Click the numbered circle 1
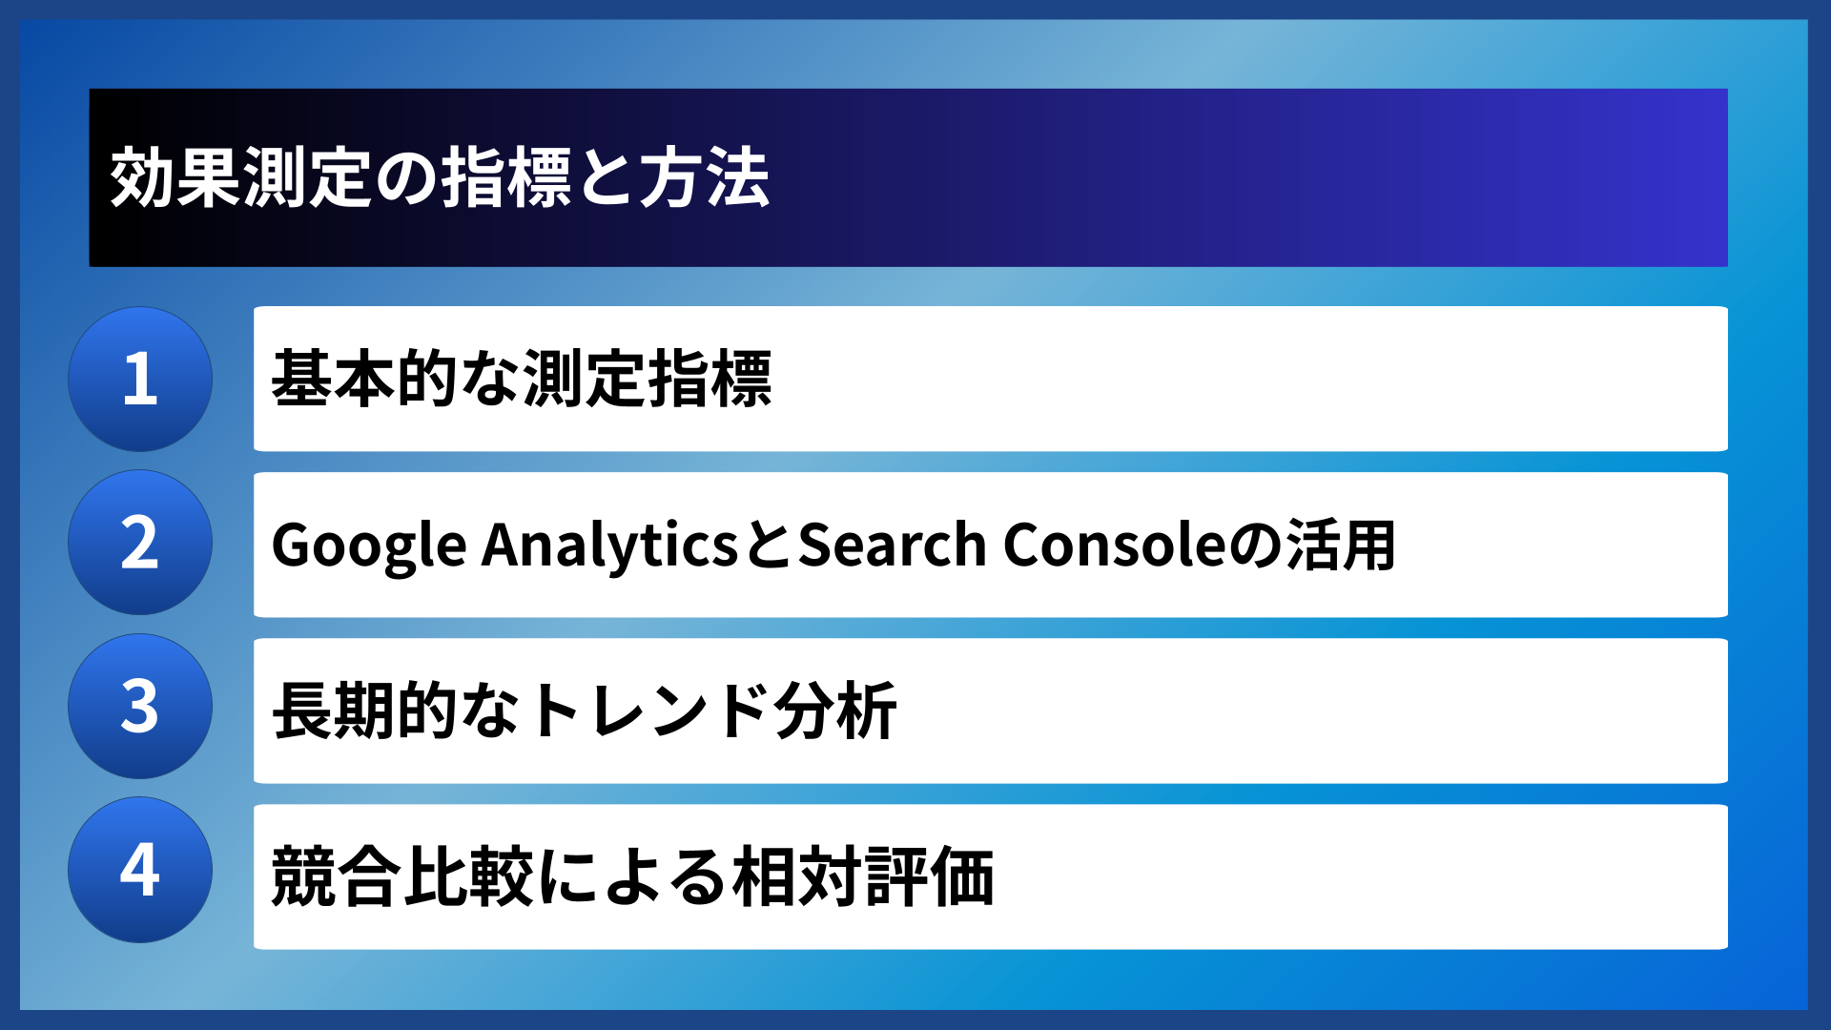(x=140, y=379)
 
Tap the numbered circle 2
(x=140, y=543)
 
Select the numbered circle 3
(x=140, y=707)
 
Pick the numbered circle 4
(x=140, y=870)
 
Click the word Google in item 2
(x=369, y=546)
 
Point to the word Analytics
(x=609, y=546)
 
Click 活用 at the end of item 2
(x=1341, y=546)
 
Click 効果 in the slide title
(x=175, y=178)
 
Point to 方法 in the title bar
(x=704, y=178)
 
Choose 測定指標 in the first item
(x=648, y=379)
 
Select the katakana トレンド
(x=648, y=711)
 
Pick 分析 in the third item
(x=835, y=711)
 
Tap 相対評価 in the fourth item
(x=863, y=876)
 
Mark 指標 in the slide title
(x=505, y=178)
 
